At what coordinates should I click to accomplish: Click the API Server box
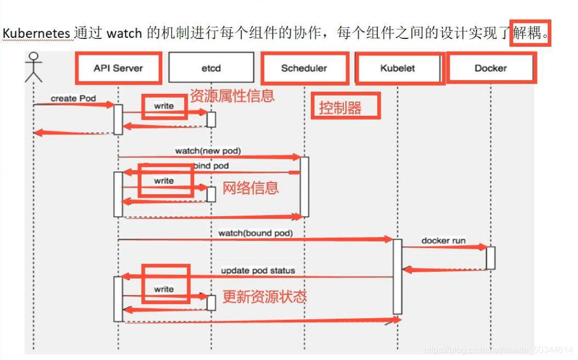tap(118, 68)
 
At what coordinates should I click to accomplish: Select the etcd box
tap(211, 68)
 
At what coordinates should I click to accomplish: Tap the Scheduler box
tap(304, 68)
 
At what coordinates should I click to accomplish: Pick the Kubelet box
tap(398, 68)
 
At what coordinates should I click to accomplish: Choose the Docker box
tap(490, 68)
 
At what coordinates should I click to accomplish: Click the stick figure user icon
tap(33, 66)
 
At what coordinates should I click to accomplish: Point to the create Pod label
tap(73, 99)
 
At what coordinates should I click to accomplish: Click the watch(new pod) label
tap(208, 150)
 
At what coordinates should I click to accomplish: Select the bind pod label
tap(211, 166)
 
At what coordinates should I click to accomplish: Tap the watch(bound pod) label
tap(256, 233)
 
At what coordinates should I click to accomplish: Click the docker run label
tap(443, 241)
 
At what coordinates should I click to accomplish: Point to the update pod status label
tap(258, 271)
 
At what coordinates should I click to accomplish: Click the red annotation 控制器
tap(340, 108)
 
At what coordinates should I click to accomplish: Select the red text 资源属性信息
tap(232, 96)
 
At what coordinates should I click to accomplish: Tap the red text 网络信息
tap(251, 188)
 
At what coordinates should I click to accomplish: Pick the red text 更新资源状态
tap(264, 297)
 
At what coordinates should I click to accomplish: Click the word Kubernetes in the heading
tap(36, 33)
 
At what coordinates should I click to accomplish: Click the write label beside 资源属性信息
tap(164, 106)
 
